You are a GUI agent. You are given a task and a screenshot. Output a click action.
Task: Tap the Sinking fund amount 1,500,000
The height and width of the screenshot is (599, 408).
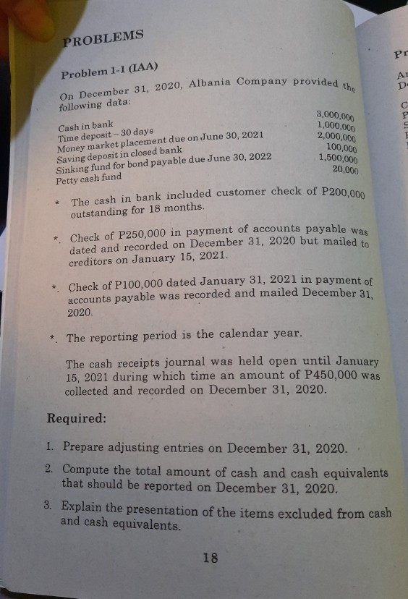[339, 159]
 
